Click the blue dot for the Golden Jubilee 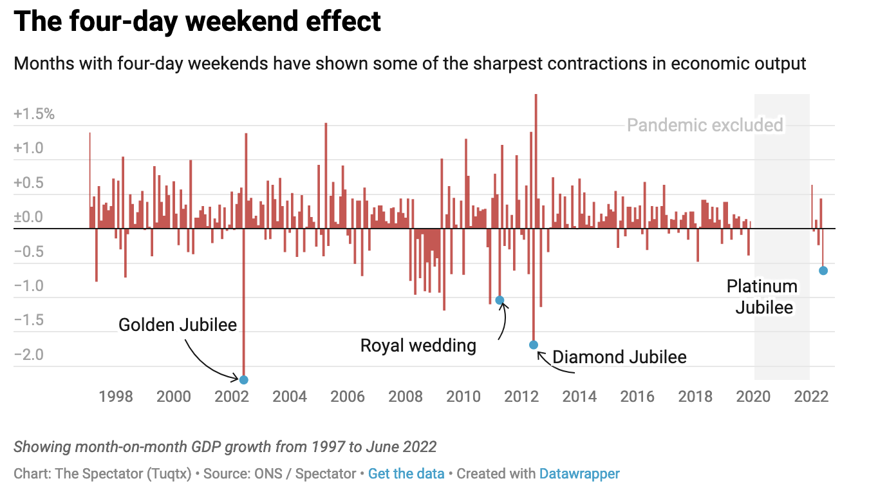click(243, 380)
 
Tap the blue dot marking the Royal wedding click(500, 301)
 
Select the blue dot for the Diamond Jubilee click(533, 345)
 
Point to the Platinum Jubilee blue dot click(823, 270)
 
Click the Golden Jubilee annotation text click(178, 325)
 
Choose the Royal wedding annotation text click(418, 346)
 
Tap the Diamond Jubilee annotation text click(619, 357)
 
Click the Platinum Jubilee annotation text click(763, 297)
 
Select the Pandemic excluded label click(705, 125)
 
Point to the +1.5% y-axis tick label click(34, 115)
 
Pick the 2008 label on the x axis click(406, 396)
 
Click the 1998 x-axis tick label click(116, 396)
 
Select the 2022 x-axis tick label click(811, 396)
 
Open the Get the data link click(406, 474)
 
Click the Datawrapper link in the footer click(579, 474)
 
